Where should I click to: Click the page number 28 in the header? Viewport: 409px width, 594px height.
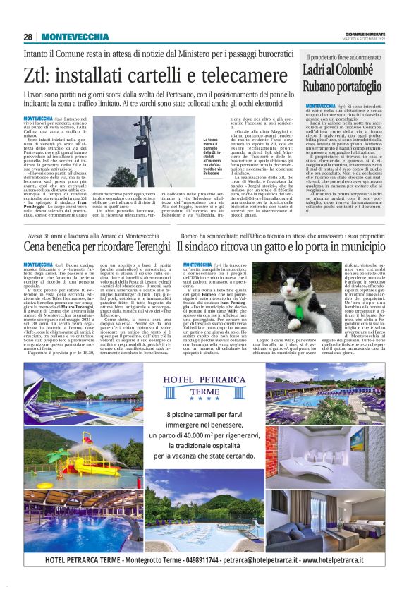(27, 36)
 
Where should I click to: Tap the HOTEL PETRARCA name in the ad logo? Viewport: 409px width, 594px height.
(204, 382)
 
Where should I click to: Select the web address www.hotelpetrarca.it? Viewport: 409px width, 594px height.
(338, 559)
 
